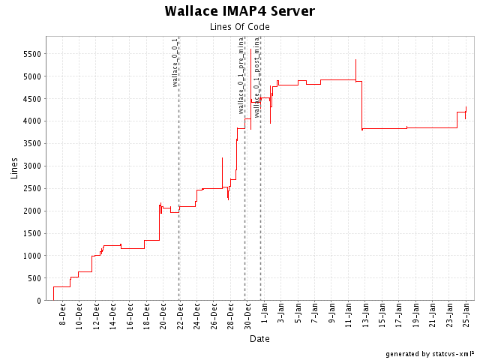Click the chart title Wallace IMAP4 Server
(239, 11)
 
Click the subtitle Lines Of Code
(239, 27)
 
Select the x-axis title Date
(259, 338)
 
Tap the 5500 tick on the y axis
(31, 54)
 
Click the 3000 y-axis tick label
(31, 166)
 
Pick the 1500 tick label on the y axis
(31, 233)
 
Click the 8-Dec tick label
(62, 315)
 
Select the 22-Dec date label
(180, 315)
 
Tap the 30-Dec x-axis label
(247, 315)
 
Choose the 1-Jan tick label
(265, 315)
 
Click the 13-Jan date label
(365, 315)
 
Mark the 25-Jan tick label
(466, 315)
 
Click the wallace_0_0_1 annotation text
(175, 62)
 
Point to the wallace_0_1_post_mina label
(257, 77)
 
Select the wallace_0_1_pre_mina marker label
(241, 75)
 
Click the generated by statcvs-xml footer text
(430, 353)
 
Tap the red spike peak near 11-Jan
(355, 60)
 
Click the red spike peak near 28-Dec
(223, 157)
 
